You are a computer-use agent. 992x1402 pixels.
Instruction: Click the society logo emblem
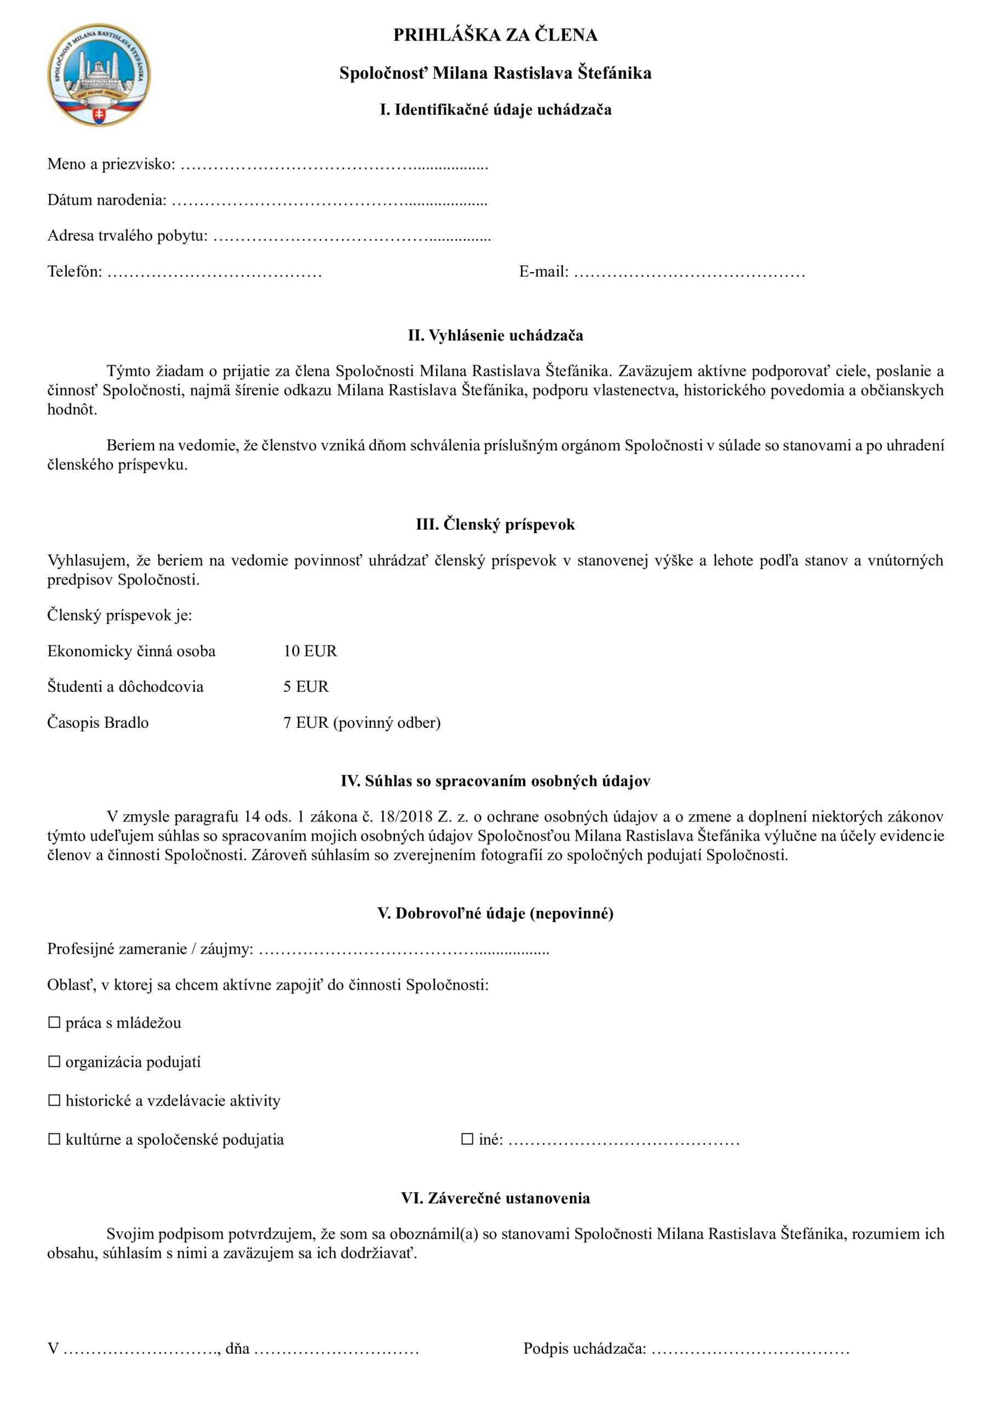coord(99,75)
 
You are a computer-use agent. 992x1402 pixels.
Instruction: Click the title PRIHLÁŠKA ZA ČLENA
coord(495,36)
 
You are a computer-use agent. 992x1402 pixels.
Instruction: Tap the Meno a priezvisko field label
coord(111,164)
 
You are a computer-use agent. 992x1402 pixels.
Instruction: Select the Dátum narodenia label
coord(107,200)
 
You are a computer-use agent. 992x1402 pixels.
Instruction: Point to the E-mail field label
coord(543,272)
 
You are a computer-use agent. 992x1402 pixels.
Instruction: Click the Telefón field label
coord(74,272)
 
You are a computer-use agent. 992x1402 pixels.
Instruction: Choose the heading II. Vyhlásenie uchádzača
coord(495,335)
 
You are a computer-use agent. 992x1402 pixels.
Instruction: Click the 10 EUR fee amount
coord(309,651)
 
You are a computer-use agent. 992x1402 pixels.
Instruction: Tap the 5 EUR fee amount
coord(306,686)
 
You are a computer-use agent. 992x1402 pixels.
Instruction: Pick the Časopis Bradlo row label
coord(98,722)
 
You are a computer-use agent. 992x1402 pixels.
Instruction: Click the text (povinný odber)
coord(387,722)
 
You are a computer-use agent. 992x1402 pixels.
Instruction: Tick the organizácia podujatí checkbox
coord(54,1061)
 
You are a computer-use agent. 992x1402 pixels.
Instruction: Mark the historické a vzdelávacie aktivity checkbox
coord(54,1100)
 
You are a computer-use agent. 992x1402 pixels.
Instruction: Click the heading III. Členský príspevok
coord(495,525)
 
